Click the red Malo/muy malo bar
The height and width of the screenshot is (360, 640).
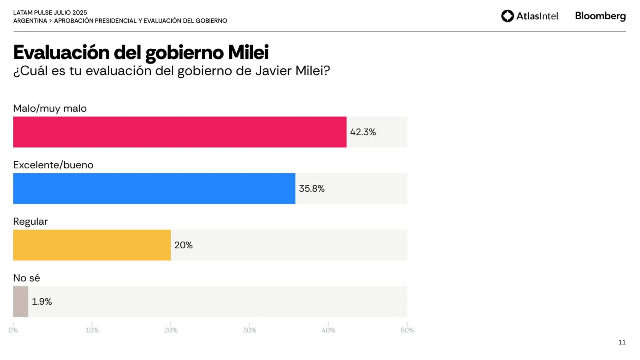(180, 132)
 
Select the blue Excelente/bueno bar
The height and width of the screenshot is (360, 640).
(154, 188)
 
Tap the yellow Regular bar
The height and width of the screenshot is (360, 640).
(92, 245)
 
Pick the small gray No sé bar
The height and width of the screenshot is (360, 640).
(20, 302)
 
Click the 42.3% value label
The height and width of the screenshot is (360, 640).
(363, 132)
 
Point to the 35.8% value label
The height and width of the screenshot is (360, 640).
(312, 188)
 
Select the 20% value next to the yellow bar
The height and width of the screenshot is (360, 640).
(183, 245)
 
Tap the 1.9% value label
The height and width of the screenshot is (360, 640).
(42, 302)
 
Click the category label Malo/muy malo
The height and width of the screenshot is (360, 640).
(50, 108)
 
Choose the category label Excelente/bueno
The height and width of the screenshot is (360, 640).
(53, 165)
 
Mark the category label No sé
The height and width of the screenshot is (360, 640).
(26, 278)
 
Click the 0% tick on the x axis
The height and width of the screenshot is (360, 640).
(13, 330)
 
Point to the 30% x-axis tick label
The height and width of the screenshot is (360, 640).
(250, 330)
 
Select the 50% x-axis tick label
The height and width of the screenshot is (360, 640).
(407, 330)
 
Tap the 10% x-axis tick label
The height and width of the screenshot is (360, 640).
(92, 330)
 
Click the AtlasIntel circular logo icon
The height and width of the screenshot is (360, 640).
(507, 16)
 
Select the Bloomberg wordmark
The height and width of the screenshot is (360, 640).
(600, 16)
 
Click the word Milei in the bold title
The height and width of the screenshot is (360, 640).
(248, 52)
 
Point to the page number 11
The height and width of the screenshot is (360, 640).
(622, 342)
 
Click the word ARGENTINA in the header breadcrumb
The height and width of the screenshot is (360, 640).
(30, 21)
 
